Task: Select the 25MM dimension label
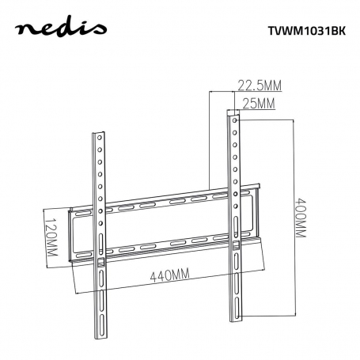pos(259,104)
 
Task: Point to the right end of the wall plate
pos(257,214)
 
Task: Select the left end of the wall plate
pos(72,234)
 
